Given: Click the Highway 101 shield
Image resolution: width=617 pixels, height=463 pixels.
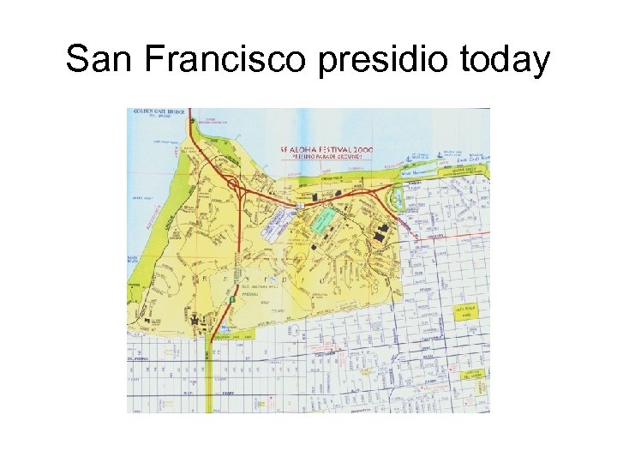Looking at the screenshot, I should coord(299,206).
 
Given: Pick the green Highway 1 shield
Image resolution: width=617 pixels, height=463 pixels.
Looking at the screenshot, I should coord(231,299).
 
